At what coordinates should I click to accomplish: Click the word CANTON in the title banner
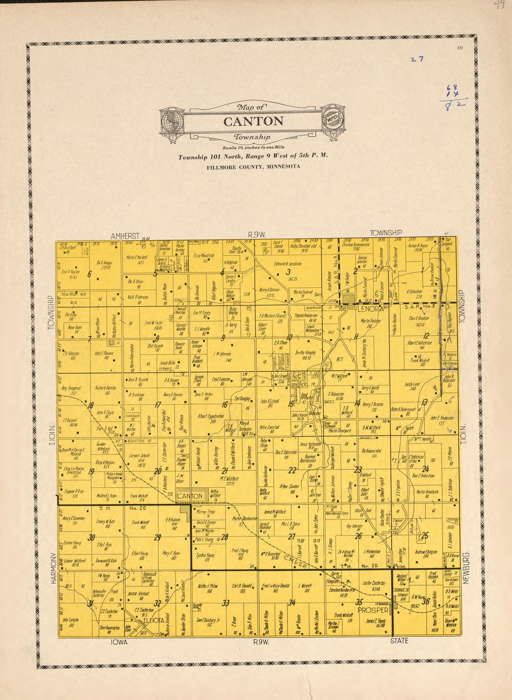(x=253, y=122)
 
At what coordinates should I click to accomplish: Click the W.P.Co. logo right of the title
(x=333, y=119)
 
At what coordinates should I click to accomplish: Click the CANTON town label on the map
(x=189, y=496)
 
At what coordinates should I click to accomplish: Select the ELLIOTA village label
(x=155, y=620)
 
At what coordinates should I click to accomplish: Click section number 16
(x=224, y=405)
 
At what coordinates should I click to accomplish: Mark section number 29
(x=157, y=538)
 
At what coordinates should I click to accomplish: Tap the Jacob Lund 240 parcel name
(x=412, y=386)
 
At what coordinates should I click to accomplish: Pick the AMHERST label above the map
(x=125, y=236)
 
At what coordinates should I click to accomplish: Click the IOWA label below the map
(x=119, y=642)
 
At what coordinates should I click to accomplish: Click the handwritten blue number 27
(x=416, y=59)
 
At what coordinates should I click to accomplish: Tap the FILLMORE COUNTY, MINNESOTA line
(x=253, y=166)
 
